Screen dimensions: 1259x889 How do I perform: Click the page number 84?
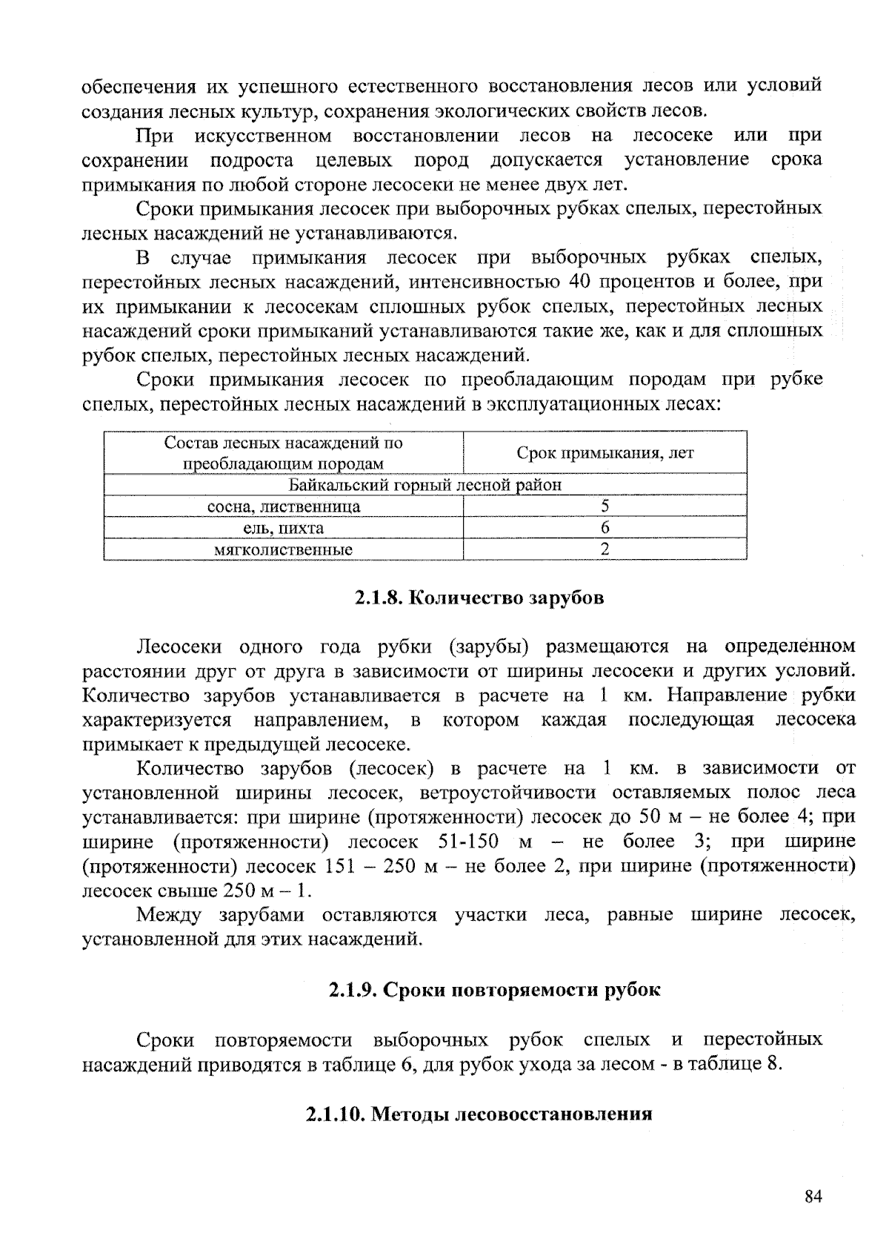coord(813,1197)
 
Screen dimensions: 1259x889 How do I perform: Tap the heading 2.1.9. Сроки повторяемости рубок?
coord(493,990)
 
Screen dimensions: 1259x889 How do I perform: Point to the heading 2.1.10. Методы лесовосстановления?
coord(479,1114)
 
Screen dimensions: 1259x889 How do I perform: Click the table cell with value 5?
coord(605,506)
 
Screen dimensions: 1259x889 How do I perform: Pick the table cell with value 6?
coord(605,528)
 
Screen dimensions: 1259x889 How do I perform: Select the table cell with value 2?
coord(605,549)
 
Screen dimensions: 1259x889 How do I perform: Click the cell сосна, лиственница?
coord(283,506)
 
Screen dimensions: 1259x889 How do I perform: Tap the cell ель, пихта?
coord(283,528)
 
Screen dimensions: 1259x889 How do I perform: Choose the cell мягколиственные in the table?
coord(283,549)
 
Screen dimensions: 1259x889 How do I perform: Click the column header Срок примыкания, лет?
coord(605,453)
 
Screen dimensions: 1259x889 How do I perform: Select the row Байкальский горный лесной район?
coord(425,485)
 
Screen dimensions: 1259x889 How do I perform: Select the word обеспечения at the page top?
coord(135,87)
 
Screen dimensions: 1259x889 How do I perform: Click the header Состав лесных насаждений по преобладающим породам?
coord(283,453)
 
